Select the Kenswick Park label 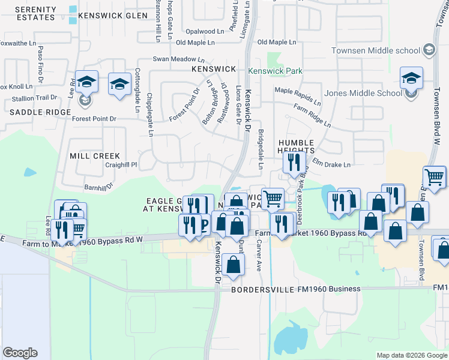[277, 71]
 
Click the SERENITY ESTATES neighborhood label [35, 14]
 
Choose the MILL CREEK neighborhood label [94, 155]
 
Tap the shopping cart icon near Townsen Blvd [434, 177]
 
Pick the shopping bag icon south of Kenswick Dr [232, 265]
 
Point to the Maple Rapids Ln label [298, 90]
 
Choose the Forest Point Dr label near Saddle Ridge [92, 119]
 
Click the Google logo [20, 352]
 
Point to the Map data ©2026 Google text [411, 355]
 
